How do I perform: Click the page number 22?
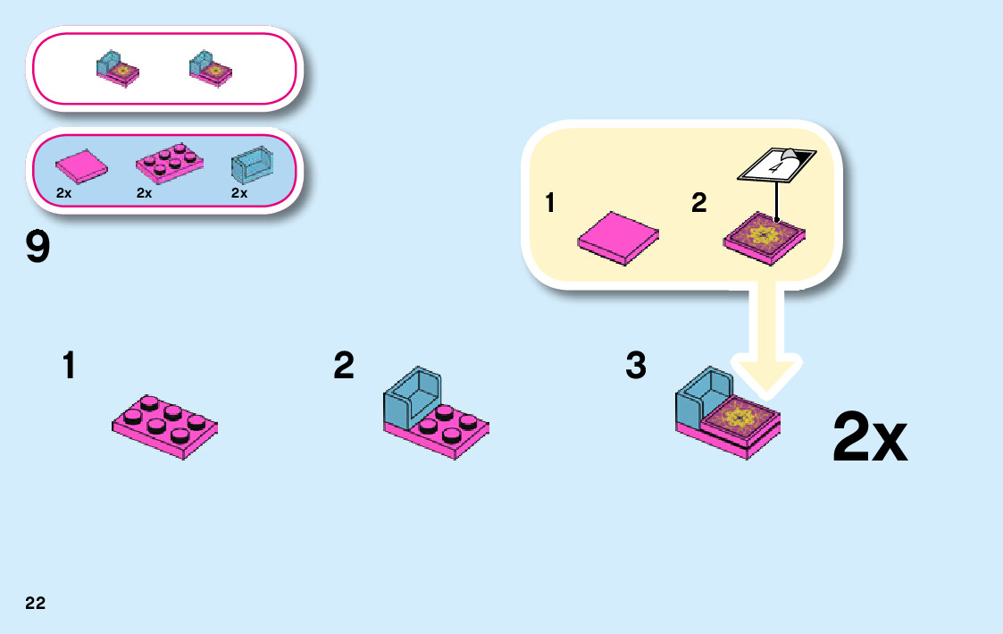[x=35, y=604]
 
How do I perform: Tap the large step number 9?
[x=38, y=248]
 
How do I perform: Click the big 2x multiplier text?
[x=869, y=438]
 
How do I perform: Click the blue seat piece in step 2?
[x=412, y=395]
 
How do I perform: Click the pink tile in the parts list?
[x=81, y=166]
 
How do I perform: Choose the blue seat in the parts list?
[x=252, y=165]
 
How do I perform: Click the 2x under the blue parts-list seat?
[x=238, y=192]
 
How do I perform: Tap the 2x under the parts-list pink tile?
[x=63, y=192]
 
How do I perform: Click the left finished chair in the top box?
[x=118, y=69]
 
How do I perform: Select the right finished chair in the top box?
[x=211, y=69]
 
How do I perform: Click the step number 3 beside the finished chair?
[x=635, y=365]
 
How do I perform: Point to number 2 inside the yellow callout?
[x=698, y=204]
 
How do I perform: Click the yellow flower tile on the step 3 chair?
[x=740, y=416]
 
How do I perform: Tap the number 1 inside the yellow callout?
[x=550, y=204]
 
